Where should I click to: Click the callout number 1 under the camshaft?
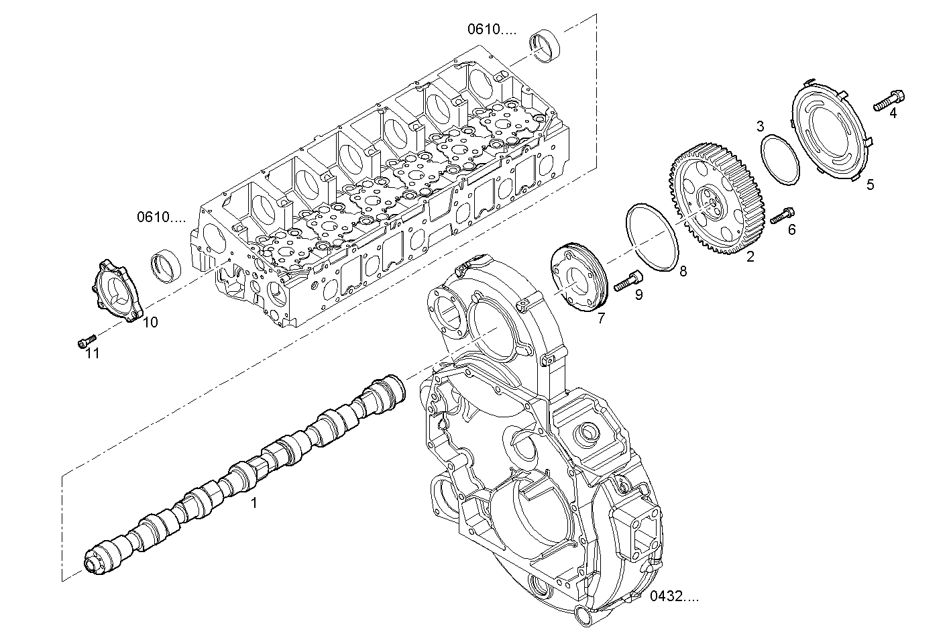(254, 502)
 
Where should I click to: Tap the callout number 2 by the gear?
(750, 256)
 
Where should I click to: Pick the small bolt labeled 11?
(86, 342)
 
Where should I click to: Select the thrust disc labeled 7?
(577, 279)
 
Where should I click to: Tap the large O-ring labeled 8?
(652, 238)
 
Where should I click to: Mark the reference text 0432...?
(674, 596)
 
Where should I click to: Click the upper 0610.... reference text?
(492, 29)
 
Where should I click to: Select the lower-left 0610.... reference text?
(162, 217)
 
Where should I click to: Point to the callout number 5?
(870, 184)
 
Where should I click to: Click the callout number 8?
(683, 271)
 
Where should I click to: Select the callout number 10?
(150, 322)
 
